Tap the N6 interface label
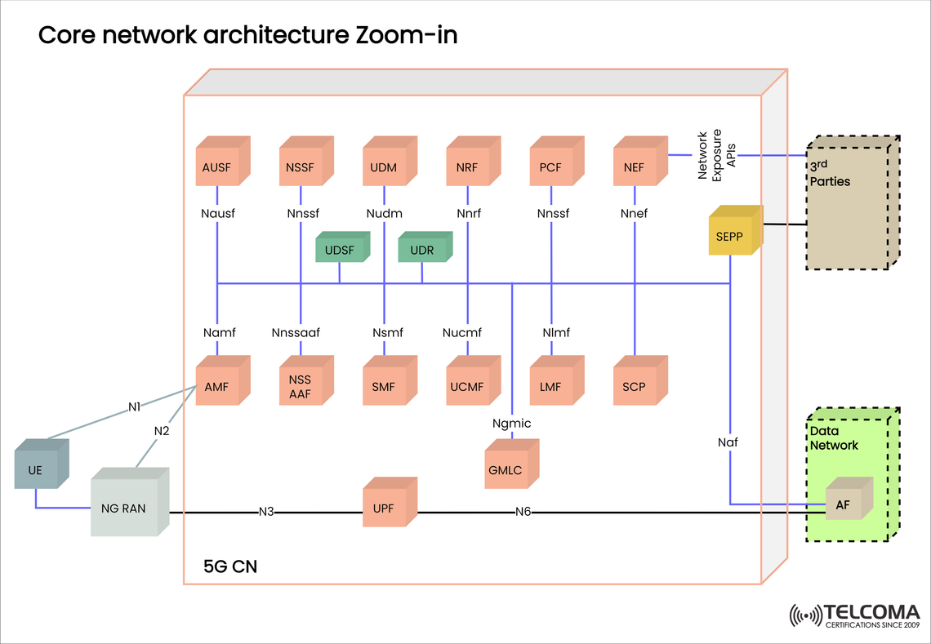(523, 512)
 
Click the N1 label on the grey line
(135, 406)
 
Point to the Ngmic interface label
(512, 423)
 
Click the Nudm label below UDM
(384, 214)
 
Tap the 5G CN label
(230, 566)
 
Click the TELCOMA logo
(854, 615)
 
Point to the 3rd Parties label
(830, 174)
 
